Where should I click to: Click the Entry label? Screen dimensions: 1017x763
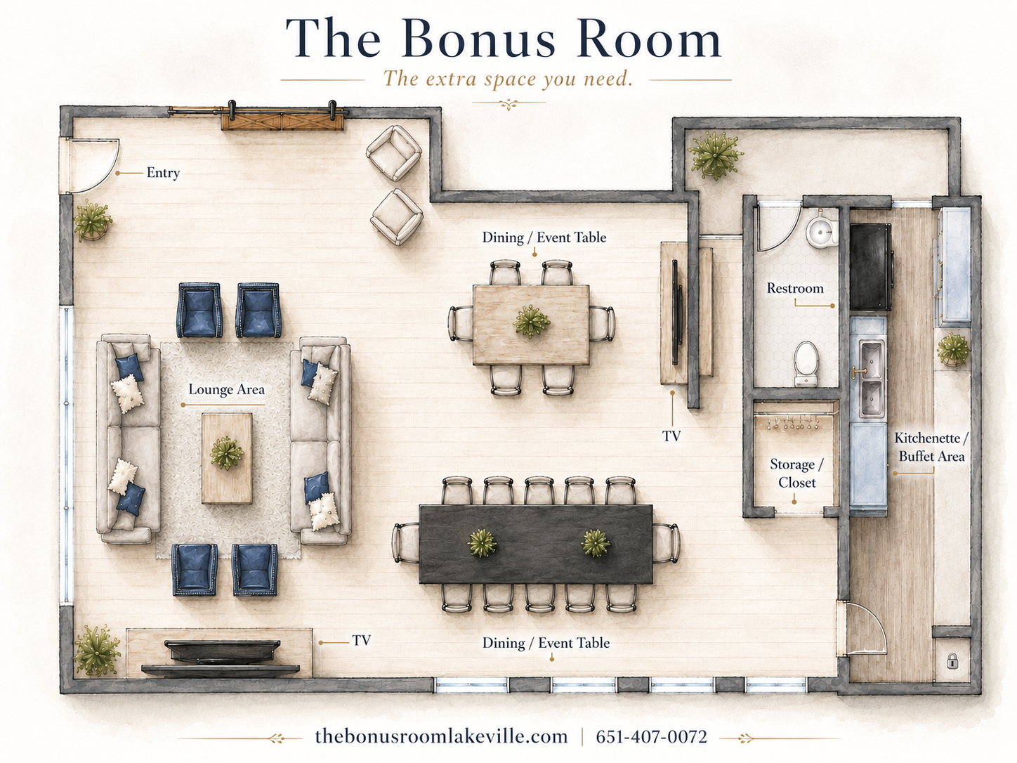[163, 173]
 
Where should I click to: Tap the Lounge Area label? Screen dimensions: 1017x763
[227, 389]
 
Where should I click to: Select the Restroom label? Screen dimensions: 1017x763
[795, 288]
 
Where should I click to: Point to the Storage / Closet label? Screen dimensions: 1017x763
[796, 474]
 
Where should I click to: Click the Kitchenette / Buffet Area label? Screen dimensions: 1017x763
[931, 447]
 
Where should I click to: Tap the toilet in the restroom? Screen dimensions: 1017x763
[807, 364]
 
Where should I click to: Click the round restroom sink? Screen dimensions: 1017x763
[822, 230]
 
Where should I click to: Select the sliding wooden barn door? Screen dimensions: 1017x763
[282, 122]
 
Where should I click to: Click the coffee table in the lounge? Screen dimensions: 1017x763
[227, 458]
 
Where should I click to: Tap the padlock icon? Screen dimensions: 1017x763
[952, 661]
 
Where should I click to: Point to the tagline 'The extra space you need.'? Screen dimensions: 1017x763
[508, 79]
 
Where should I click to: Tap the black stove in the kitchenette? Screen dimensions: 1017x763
[871, 267]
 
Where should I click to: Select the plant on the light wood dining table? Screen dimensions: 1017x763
[532, 321]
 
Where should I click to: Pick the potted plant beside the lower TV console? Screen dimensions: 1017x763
[96, 651]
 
